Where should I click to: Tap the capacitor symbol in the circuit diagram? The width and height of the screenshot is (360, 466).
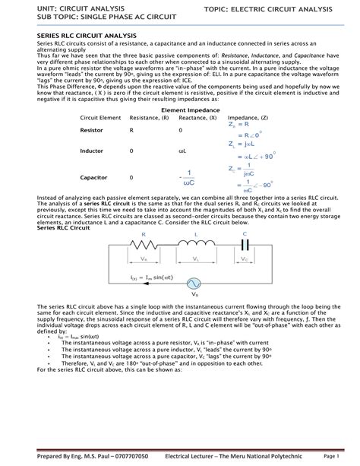(x=245, y=244)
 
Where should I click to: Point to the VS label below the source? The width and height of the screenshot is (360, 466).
(x=195, y=295)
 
